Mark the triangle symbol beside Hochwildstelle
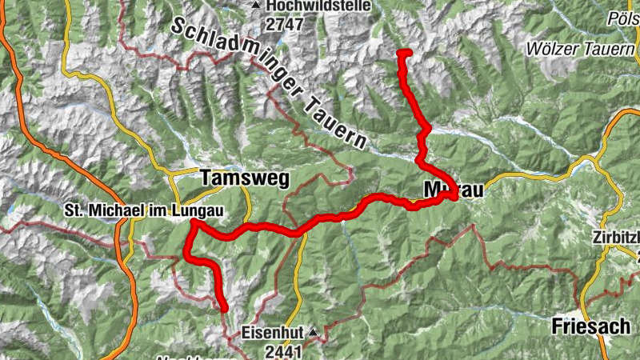click(x=256, y=6)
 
